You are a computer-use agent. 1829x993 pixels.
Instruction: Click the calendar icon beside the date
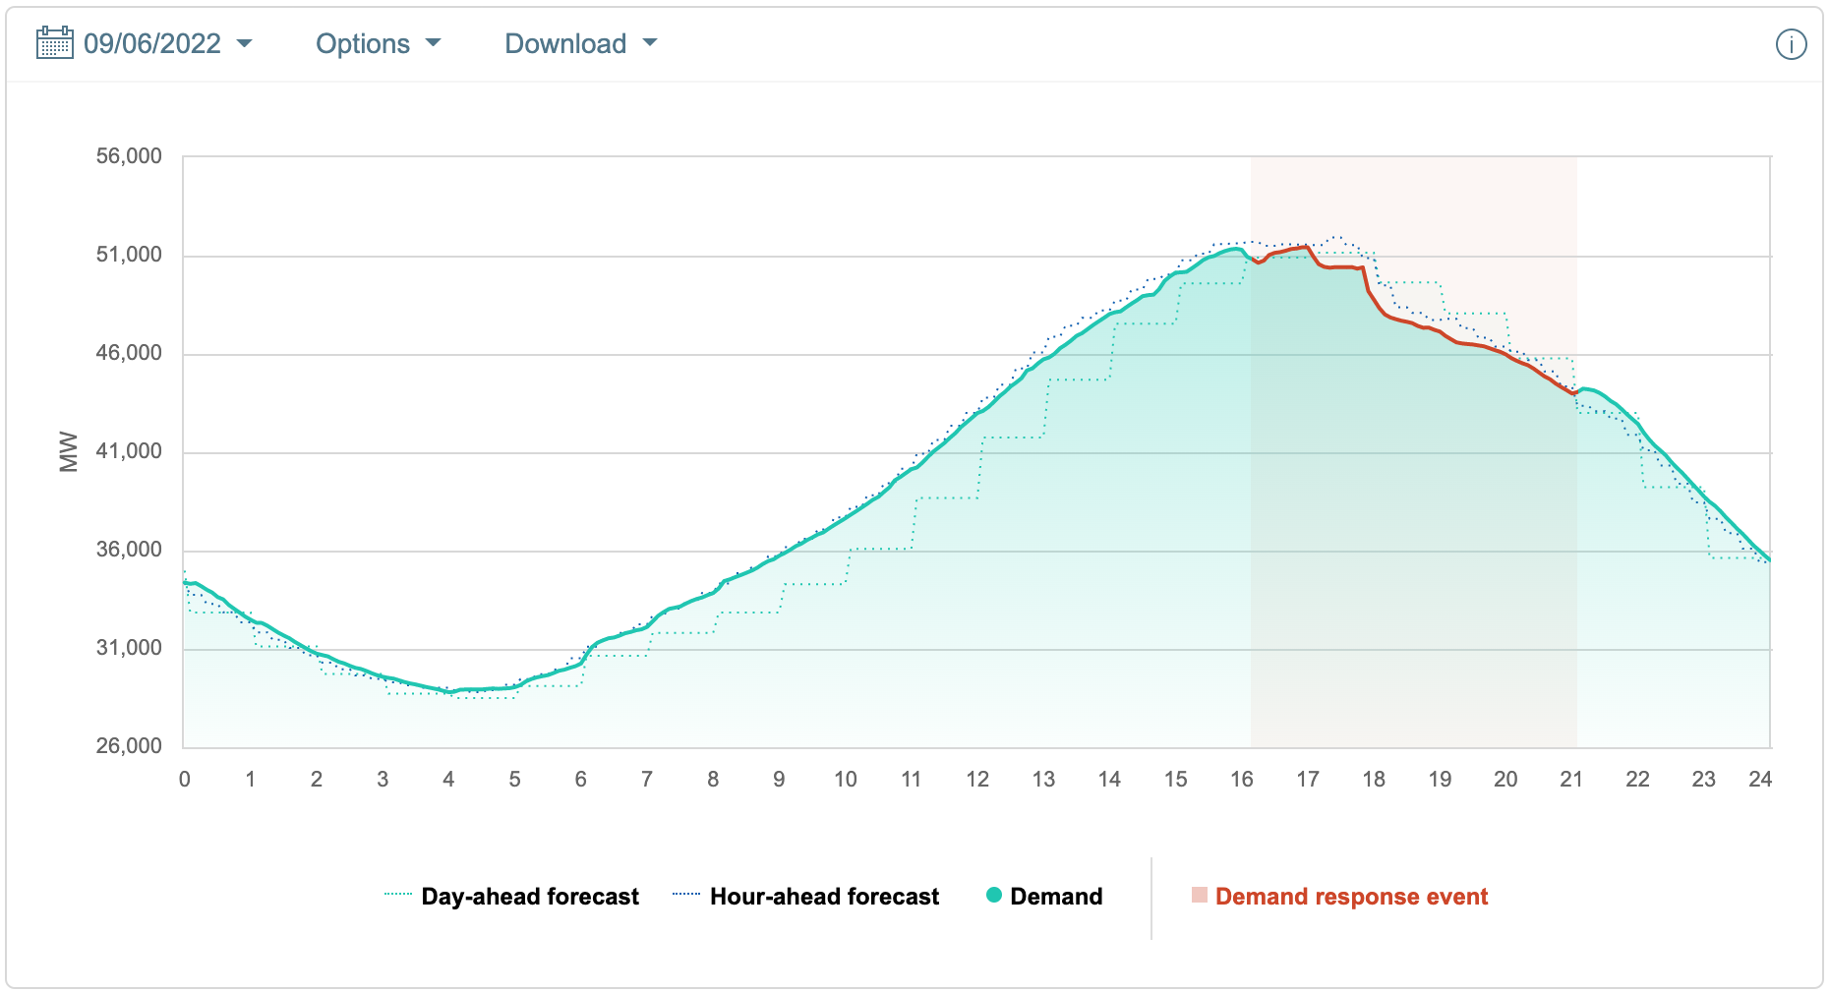tap(54, 43)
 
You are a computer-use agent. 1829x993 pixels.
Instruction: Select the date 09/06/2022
tap(152, 44)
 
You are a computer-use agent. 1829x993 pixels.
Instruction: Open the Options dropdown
tap(378, 44)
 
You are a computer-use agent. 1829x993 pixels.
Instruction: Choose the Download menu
tap(580, 44)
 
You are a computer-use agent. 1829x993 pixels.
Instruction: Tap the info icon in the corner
tap(1791, 44)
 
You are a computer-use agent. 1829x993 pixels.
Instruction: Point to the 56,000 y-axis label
tap(129, 156)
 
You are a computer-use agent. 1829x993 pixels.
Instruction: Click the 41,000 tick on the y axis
tap(129, 451)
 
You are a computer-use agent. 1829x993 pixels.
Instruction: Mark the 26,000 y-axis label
tap(129, 746)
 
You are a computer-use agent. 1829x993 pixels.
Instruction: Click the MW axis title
tap(69, 451)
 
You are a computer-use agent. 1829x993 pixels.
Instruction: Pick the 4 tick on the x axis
tap(448, 780)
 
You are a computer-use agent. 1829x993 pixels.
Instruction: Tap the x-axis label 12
tap(977, 780)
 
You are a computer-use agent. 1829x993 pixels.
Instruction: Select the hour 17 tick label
tap(1308, 780)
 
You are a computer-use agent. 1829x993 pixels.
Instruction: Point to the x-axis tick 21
tap(1571, 780)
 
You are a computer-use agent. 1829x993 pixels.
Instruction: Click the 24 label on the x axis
tap(1760, 780)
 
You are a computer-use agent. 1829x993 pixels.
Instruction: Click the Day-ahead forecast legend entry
tap(530, 897)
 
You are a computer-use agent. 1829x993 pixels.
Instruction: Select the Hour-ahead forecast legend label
tap(824, 897)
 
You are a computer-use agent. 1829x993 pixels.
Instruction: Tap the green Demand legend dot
tap(994, 896)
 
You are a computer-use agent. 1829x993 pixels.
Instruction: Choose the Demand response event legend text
tap(1351, 897)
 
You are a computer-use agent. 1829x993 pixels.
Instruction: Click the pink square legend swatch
tap(1200, 895)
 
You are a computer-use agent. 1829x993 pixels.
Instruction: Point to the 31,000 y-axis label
tap(129, 648)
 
